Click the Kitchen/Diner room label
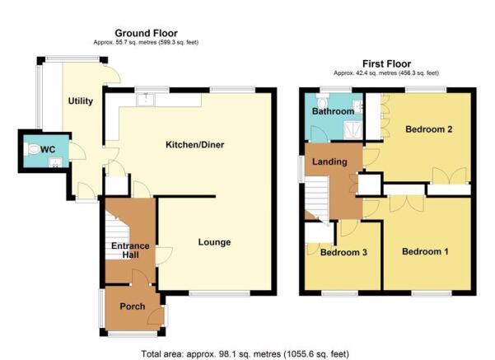click(194, 145)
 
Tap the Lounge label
click(214, 242)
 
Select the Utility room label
click(81, 101)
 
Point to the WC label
click(48, 149)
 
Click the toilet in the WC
click(32, 149)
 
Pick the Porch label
click(133, 306)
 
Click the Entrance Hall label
click(130, 250)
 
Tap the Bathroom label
click(333, 111)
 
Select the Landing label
click(329, 161)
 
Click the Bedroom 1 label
click(425, 252)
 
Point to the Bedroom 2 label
click(429, 129)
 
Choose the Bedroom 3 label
click(343, 252)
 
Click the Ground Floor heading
click(146, 33)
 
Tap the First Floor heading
click(387, 63)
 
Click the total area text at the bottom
click(245, 353)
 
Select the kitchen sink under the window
click(146, 99)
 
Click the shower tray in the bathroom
click(353, 130)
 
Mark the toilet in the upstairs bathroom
click(323, 101)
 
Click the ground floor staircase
click(117, 236)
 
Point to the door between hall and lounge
click(164, 255)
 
